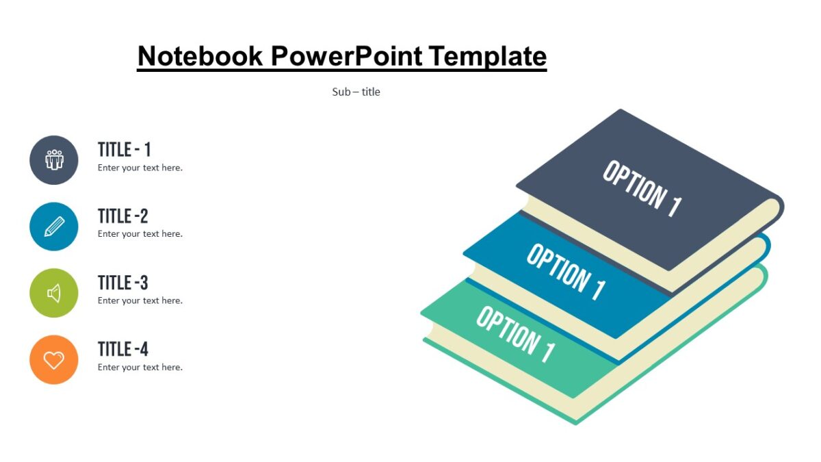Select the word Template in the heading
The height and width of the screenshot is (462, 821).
tap(488, 55)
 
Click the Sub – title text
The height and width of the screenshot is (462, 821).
tap(356, 92)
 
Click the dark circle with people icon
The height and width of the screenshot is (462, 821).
tap(54, 160)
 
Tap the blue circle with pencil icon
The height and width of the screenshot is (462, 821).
tap(54, 227)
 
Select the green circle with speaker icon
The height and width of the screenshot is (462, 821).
tap(54, 293)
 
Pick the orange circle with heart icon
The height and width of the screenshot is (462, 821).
tap(54, 359)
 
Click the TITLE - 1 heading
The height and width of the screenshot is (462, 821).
tap(124, 149)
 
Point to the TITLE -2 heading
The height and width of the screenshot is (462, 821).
tap(123, 216)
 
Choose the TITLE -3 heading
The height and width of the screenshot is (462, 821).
tap(123, 282)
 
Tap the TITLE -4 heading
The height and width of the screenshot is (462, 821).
tap(123, 348)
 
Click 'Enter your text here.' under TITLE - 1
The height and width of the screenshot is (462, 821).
tap(140, 168)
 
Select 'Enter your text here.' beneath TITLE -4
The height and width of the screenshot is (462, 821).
tap(140, 368)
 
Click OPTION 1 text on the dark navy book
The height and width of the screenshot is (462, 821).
tap(642, 189)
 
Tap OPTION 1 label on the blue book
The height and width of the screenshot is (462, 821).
tap(566, 272)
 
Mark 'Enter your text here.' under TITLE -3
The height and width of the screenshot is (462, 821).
tap(140, 300)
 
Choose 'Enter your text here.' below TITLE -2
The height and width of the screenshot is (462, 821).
tap(140, 234)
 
